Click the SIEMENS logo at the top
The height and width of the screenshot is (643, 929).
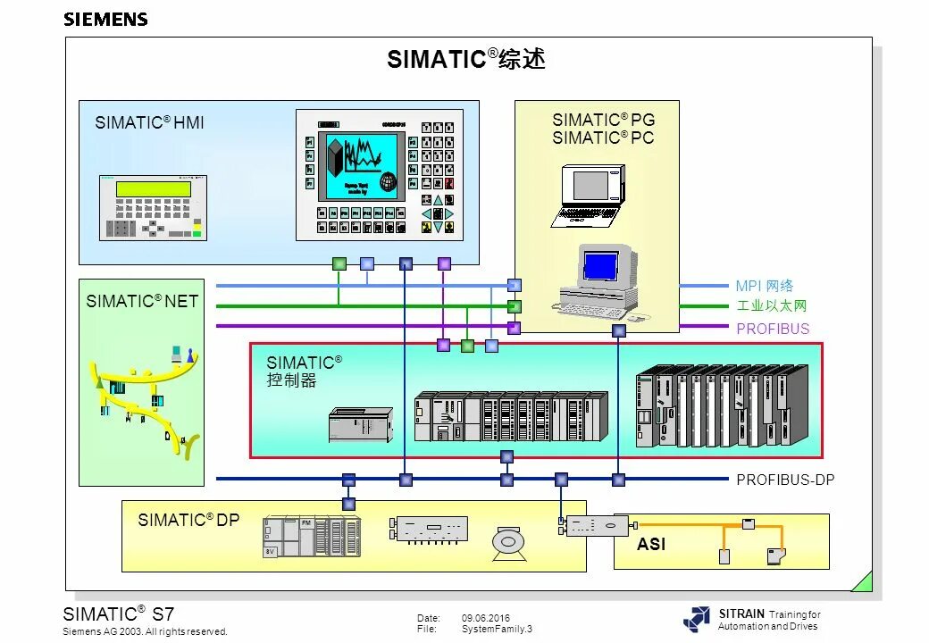(105, 20)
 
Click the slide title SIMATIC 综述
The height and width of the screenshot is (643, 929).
(465, 60)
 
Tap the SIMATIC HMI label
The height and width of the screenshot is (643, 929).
(149, 123)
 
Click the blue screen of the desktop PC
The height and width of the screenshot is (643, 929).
(600, 265)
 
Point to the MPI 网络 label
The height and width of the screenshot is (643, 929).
(765, 287)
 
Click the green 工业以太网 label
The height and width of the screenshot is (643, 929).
(772, 306)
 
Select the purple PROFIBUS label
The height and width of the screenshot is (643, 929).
(773, 329)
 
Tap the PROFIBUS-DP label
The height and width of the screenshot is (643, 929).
(785, 480)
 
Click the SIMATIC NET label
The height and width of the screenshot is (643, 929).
(142, 302)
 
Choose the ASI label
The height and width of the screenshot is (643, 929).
(651, 544)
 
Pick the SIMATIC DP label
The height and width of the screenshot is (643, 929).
(188, 520)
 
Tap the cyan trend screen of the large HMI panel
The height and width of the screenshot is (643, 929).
(361, 166)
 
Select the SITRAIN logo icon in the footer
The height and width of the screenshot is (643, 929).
(697, 619)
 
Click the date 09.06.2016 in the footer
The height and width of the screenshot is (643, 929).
(486, 618)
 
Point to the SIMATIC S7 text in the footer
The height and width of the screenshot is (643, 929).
(118, 614)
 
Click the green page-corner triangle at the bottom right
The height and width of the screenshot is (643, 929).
(863, 582)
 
